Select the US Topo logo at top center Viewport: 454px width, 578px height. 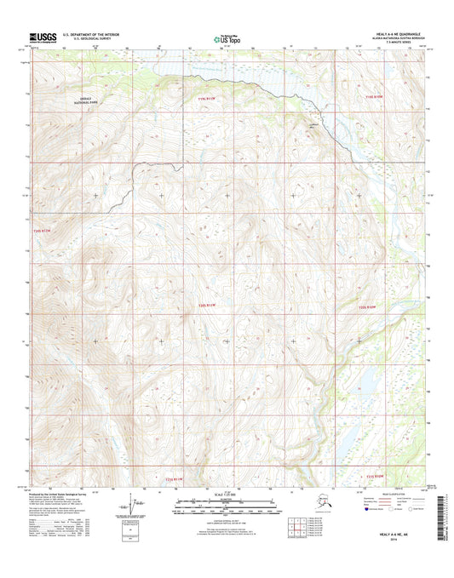(x=227, y=37)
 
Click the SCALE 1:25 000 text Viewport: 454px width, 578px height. (x=227, y=496)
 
